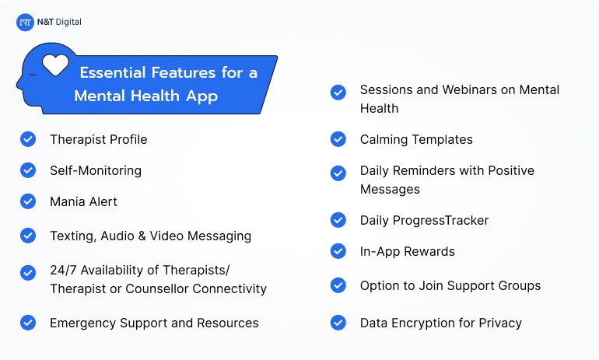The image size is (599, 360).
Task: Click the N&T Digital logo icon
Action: click(x=25, y=23)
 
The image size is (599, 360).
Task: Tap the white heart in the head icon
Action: click(x=55, y=63)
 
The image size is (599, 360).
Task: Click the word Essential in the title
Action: click(x=110, y=73)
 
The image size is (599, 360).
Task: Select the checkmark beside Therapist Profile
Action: click(x=28, y=139)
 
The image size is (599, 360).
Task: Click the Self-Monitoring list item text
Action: click(x=96, y=170)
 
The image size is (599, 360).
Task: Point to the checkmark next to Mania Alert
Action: click(x=28, y=201)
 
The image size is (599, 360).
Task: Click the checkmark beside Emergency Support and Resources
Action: click(x=28, y=323)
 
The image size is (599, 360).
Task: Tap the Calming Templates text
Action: click(x=416, y=139)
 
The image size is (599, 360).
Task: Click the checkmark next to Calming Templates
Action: click(x=338, y=139)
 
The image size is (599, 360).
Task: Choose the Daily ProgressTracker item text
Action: click(x=424, y=220)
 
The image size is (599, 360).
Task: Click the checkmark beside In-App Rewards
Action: click(x=338, y=251)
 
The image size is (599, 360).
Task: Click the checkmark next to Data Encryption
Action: click(x=338, y=323)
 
